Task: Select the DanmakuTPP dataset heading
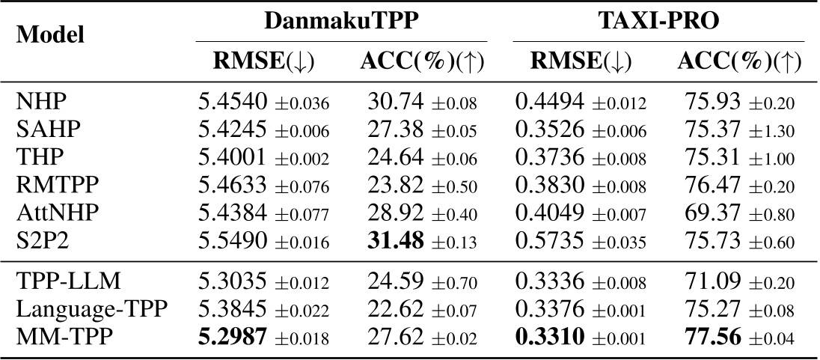click(341, 22)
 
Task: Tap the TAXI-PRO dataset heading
click(658, 22)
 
